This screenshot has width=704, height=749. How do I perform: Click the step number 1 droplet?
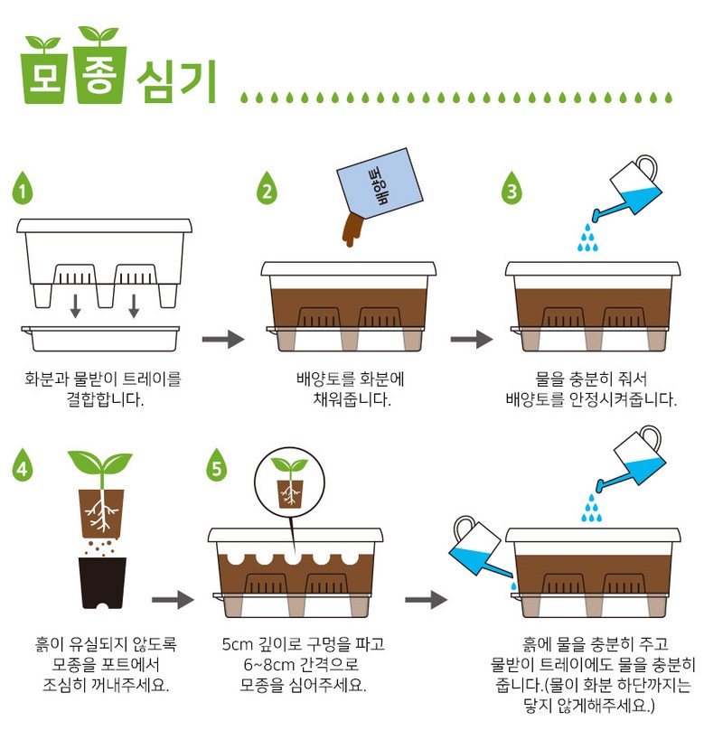tap(23, 189)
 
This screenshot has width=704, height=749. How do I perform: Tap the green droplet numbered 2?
tap(267, 189)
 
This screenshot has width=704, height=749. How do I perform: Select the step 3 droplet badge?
tap(512, 189)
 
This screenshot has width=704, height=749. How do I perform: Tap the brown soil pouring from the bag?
tap(352, 229)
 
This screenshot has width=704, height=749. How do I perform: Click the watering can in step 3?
tap(627, 189)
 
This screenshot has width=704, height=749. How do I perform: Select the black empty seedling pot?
tap(102, 583)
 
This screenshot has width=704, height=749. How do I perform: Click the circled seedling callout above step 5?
tap(289, 482)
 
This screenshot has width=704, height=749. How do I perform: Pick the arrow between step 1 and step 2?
tap(223, 339)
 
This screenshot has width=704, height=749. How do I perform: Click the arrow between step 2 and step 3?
tap(471, 339)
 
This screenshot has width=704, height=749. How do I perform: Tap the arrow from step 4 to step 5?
tap(173, 600)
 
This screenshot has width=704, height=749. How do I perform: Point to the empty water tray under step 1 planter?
tap(101, 338)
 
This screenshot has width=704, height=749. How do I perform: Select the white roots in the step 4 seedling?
tap(101, 512)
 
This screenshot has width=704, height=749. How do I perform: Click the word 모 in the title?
tap(42, 77)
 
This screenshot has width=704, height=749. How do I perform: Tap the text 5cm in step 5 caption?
tap(237, 644)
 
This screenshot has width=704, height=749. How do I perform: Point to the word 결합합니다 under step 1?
tap(105, 398)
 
